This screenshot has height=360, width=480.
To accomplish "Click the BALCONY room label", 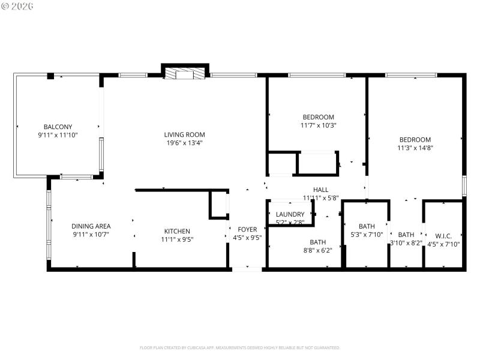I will pos(58,127).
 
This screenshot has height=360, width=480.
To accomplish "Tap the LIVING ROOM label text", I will pos(185,134).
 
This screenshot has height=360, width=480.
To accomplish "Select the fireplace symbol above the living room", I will pos(185,73).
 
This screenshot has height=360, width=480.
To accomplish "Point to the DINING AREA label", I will pos(91,226).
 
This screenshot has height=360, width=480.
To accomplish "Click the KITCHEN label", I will pos(177,231).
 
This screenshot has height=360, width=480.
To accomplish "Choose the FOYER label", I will pos(247,229).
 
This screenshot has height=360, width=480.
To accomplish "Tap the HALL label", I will pos(320,189).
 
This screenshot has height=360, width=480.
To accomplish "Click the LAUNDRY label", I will pos(290,214).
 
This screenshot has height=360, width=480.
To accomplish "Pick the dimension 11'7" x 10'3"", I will pos(318,125).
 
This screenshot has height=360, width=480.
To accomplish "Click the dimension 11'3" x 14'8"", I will pos(415,148).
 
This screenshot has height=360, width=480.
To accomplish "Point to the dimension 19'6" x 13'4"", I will pos(185,143).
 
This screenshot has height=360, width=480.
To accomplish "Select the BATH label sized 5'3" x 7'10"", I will pos(367,226).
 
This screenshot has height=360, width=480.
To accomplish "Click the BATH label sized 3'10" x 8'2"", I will pos(406,235).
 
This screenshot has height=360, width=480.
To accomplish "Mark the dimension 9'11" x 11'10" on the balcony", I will pos(58,135).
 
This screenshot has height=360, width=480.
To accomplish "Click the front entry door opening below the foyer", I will pos(247,269).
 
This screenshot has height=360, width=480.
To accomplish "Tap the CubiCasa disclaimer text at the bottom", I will pos(240,347).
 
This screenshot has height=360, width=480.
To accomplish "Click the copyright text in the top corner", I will pos(17,5).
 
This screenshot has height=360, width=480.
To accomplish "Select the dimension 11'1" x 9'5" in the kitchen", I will pos(177,239).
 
